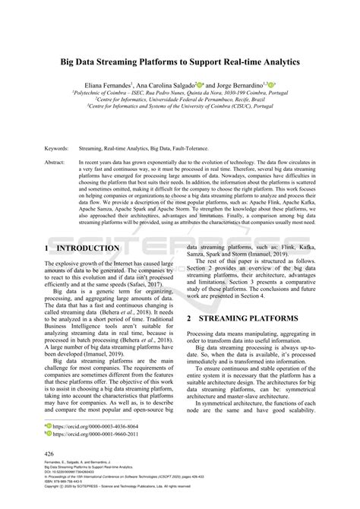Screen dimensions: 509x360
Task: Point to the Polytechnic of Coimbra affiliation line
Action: coord(180,93)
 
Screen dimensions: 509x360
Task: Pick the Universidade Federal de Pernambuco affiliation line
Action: coord(180,100)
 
